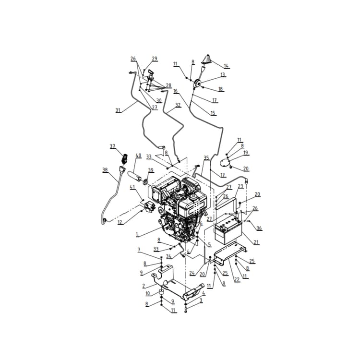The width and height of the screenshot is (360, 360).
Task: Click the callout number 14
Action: (226, 66)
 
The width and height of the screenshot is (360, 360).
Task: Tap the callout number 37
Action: (112, 146)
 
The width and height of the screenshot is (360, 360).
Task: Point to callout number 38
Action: (105, 169)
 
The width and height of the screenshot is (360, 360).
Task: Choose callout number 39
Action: (150, 170)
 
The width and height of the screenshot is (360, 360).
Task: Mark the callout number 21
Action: (256, 242)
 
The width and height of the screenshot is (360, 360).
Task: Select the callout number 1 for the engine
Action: (137, 235)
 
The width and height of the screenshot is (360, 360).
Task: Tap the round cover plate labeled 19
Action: (224, 163)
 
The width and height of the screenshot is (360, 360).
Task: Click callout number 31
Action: (118, 110)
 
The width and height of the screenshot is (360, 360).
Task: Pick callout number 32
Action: (178, 105)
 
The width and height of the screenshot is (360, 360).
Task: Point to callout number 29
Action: (155, 59)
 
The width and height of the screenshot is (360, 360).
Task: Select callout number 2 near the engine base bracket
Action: (143, 286)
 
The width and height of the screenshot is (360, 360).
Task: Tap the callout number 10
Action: (147, 293)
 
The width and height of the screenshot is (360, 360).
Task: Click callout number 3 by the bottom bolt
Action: (201, 300)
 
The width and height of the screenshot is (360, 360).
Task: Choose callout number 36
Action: (259, 228)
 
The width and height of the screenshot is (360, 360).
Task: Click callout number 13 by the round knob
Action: (223, 75)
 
